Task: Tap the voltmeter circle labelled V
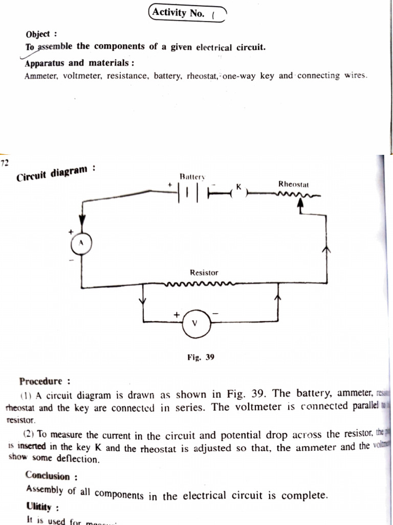pos(194,323)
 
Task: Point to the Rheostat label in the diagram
pos(293,184)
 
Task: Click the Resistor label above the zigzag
pos(204,273)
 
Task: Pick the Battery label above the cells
pos(192,177)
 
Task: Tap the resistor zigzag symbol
pos(200,283)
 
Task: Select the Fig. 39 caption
pos(201,357)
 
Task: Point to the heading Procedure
pos(44,381)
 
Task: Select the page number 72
pos(5,164)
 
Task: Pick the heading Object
pos(38,34)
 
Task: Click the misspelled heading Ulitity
pos(39,507)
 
